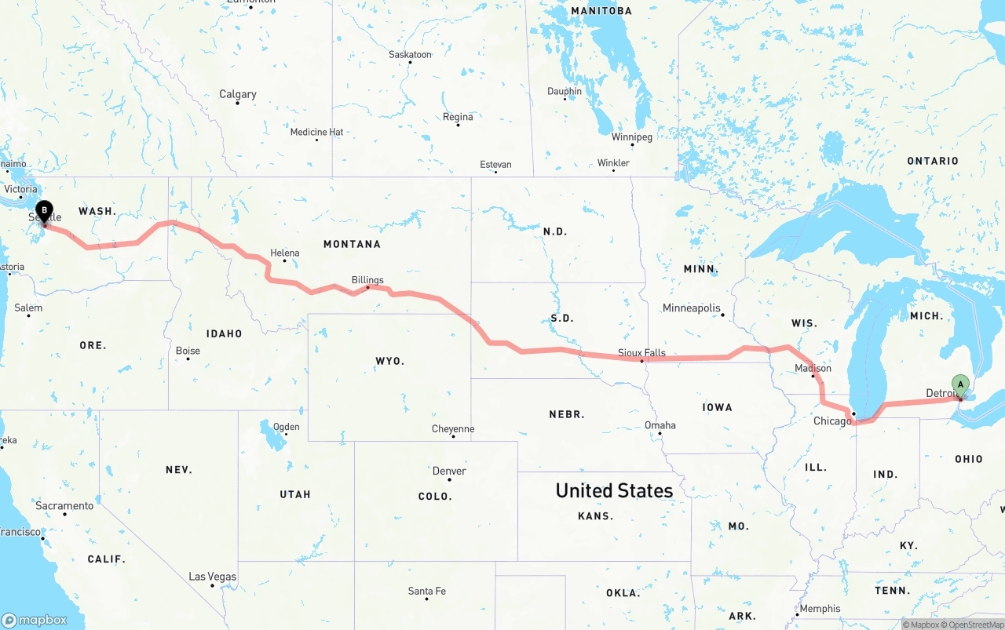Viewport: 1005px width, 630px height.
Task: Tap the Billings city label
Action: (367, 280)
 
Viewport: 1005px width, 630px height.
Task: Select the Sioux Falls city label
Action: (641, 352)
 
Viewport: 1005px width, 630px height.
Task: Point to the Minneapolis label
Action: (691, 308)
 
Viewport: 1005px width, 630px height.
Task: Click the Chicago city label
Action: (832, 421)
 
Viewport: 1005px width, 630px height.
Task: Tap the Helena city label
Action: (285, 253)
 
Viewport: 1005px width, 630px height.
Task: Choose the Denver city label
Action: (449, 471)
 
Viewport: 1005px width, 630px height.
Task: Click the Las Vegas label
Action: (212, 577)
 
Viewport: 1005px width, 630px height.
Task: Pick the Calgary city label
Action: (237, 94)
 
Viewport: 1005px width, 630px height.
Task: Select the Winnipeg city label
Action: (631, 137)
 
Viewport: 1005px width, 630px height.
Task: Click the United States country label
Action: (614, 490)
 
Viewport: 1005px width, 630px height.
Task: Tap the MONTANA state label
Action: (352, 244)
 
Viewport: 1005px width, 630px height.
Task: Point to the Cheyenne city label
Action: (453, 429)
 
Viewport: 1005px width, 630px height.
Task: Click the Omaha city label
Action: (660, 425)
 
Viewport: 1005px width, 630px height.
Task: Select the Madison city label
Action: (813, 368)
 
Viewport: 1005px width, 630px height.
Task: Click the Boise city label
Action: (188, 351)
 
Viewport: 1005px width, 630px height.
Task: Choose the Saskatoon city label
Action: (410, 54)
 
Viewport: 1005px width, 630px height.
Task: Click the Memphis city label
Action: (820, 609)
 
